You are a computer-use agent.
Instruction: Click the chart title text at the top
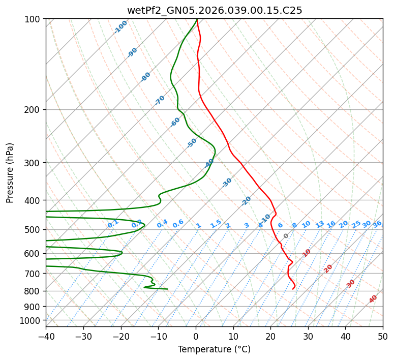click(x=214, y=10)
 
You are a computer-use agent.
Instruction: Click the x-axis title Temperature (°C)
click(x=214, y=350)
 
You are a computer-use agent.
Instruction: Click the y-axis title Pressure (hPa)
click(x=10, y=173)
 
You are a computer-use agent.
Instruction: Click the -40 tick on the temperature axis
click(x=46, y=336)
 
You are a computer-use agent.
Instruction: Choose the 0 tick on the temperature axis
click(x=196, y=336)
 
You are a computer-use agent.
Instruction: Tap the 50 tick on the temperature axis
click(x=383, y=336)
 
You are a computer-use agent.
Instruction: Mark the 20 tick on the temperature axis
click(x=271, y=336)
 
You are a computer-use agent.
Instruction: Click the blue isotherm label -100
click(x=121, y=27)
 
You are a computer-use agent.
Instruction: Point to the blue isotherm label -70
click(x=160, y=100)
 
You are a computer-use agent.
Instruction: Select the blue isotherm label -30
click(x=227, y=183)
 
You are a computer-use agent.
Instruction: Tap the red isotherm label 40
click(x=373, y=299)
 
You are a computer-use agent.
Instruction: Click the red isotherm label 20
click(x=328, y=268)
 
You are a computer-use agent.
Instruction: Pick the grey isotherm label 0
click(x=286, y=236)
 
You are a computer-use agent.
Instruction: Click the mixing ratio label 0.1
click(x=113, y=224)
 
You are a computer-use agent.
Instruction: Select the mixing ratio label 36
click(x=377, y=224)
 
